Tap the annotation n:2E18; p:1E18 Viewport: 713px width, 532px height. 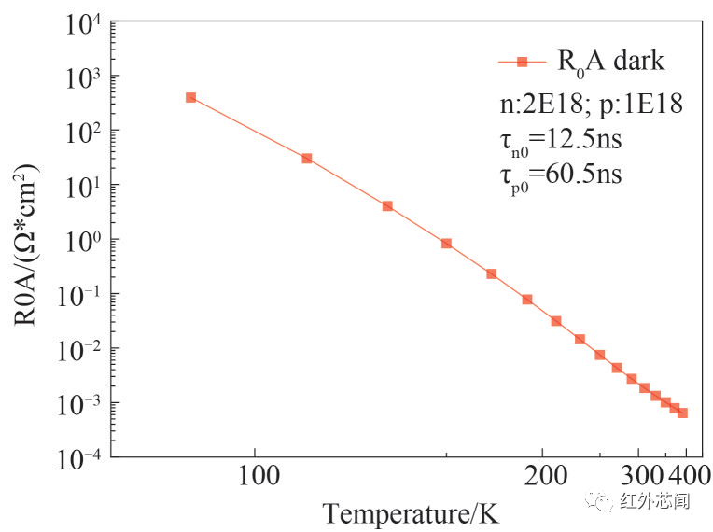point(592,104)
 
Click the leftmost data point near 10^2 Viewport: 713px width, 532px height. point(190,97)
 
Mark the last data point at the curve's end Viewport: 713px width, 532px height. point(682,413)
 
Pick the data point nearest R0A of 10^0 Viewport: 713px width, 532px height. point(446,244)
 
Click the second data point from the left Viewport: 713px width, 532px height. point(306,159)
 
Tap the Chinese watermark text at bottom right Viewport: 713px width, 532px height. point(653,502)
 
